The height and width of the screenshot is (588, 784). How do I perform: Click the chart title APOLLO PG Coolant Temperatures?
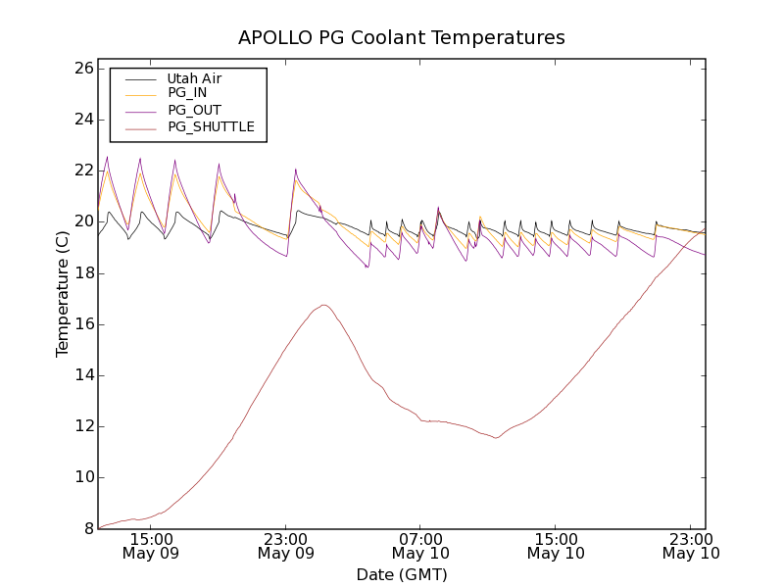[402, 38]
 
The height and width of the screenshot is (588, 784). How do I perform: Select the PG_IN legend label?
[187, 93]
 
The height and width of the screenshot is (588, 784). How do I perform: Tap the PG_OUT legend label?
[194, 110]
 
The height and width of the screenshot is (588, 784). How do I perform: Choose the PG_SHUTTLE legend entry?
[211, 126]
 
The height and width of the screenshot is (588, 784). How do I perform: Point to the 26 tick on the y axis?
[82, 69]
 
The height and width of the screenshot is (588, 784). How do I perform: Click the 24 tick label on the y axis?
[82, 120]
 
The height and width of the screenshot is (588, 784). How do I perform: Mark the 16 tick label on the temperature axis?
[82, 324]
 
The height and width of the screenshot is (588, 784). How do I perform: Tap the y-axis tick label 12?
[82, 426]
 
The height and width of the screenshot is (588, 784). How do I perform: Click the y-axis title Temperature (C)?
[63, 294]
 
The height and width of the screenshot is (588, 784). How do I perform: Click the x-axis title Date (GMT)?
[402, 574]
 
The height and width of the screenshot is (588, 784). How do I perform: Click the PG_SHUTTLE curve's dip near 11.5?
[496, 437]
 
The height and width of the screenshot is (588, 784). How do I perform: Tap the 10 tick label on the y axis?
[82, 477]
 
